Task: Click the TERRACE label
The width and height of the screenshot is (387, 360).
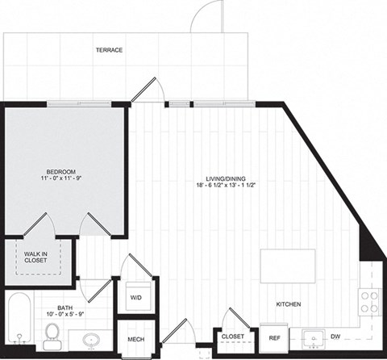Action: pos(109,50)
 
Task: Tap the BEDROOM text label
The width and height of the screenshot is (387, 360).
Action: pos(60,172)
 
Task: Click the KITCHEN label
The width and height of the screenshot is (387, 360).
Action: pos(288,304)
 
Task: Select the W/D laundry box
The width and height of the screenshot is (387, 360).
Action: pos(135,297)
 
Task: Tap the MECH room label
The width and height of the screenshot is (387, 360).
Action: pos(135,340)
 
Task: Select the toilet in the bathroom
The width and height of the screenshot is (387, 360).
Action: pos(53,334)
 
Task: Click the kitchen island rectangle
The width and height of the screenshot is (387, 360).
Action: pos(287,266)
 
